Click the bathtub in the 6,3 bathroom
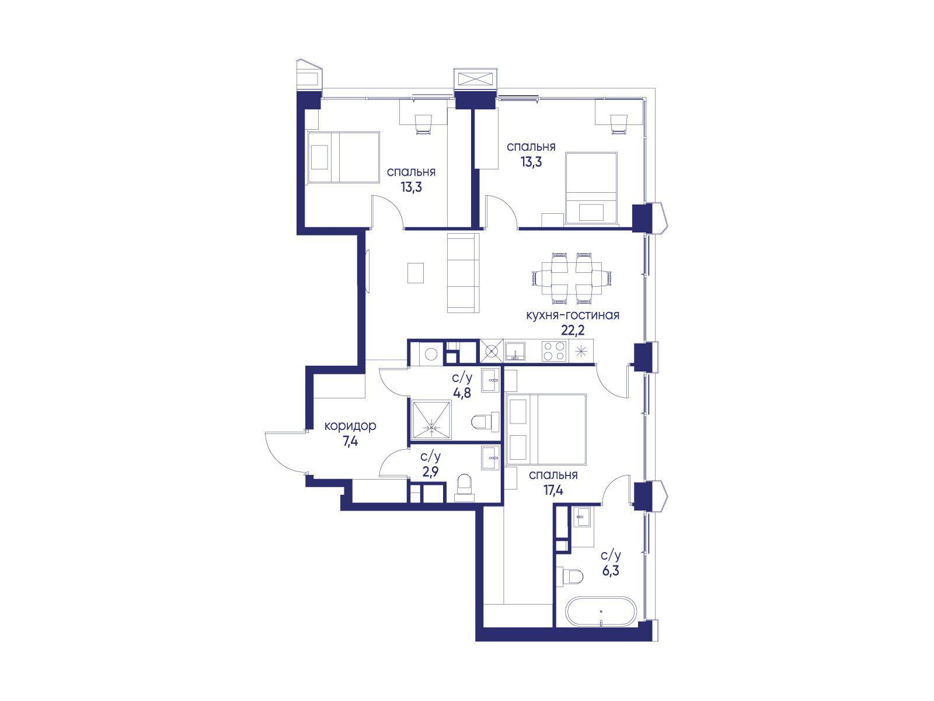[x=601, y=611]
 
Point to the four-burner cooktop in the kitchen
[x=555, y=352]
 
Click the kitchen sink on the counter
[x=515, y=351]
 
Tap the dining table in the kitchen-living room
[x=571, y=279]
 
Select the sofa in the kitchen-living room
[x=463, y=278]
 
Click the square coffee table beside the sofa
[x=415, y=273]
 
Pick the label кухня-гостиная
[x=572, y=315]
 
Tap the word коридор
[x=350, y=426]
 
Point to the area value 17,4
[x=553, y=490]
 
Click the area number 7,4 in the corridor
[x=350, y=442]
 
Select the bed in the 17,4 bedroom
[x=546, y=429]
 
